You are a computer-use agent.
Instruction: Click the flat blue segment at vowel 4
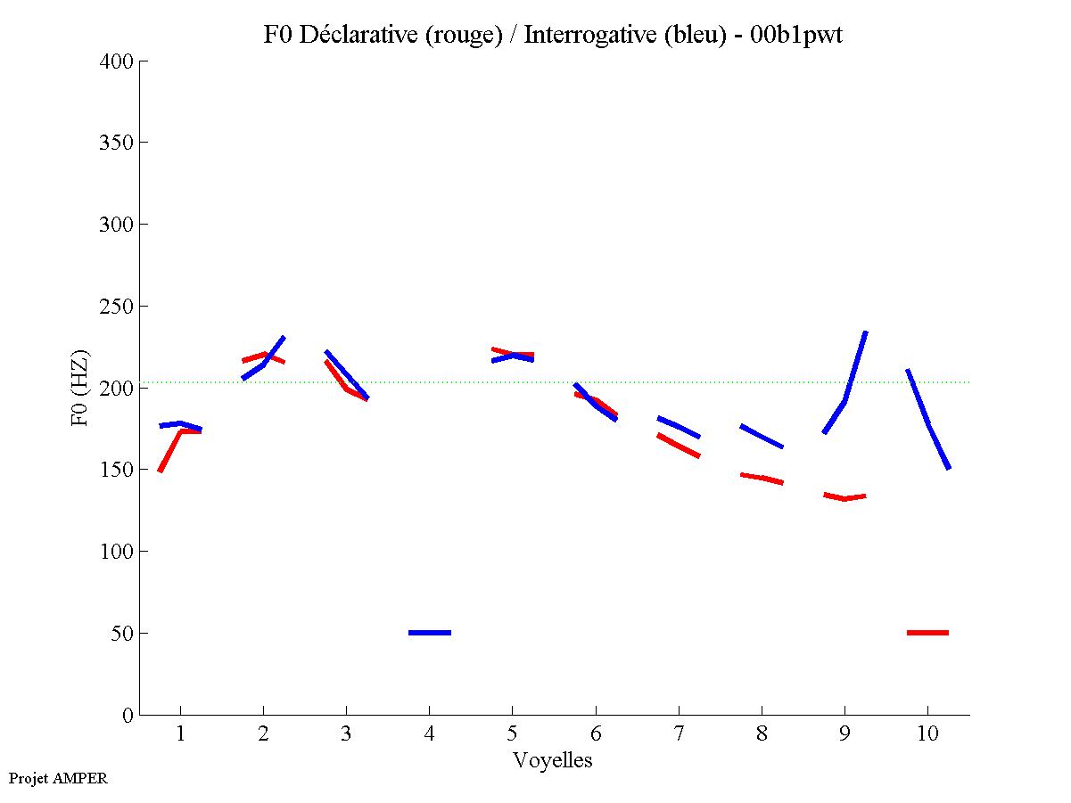coord(430,632)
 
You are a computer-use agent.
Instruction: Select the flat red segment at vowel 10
coord(927,632)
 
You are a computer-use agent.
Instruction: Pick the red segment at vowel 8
coord(762,479)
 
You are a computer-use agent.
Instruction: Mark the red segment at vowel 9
coord(844,497)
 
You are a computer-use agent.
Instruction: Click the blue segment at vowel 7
coord(679,427)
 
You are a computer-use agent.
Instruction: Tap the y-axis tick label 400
coord(117,61)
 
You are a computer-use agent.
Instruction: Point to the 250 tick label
coord(117,307)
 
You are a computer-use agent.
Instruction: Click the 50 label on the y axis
coord(122,634)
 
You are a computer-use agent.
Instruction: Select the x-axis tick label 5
coord(512,733)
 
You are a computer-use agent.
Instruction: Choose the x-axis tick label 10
coord(927,733)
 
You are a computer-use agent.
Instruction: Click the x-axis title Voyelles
coord(553,760)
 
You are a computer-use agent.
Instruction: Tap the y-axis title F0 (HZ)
coord(80,388)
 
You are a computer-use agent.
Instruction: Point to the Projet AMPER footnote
coord(57,778)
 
